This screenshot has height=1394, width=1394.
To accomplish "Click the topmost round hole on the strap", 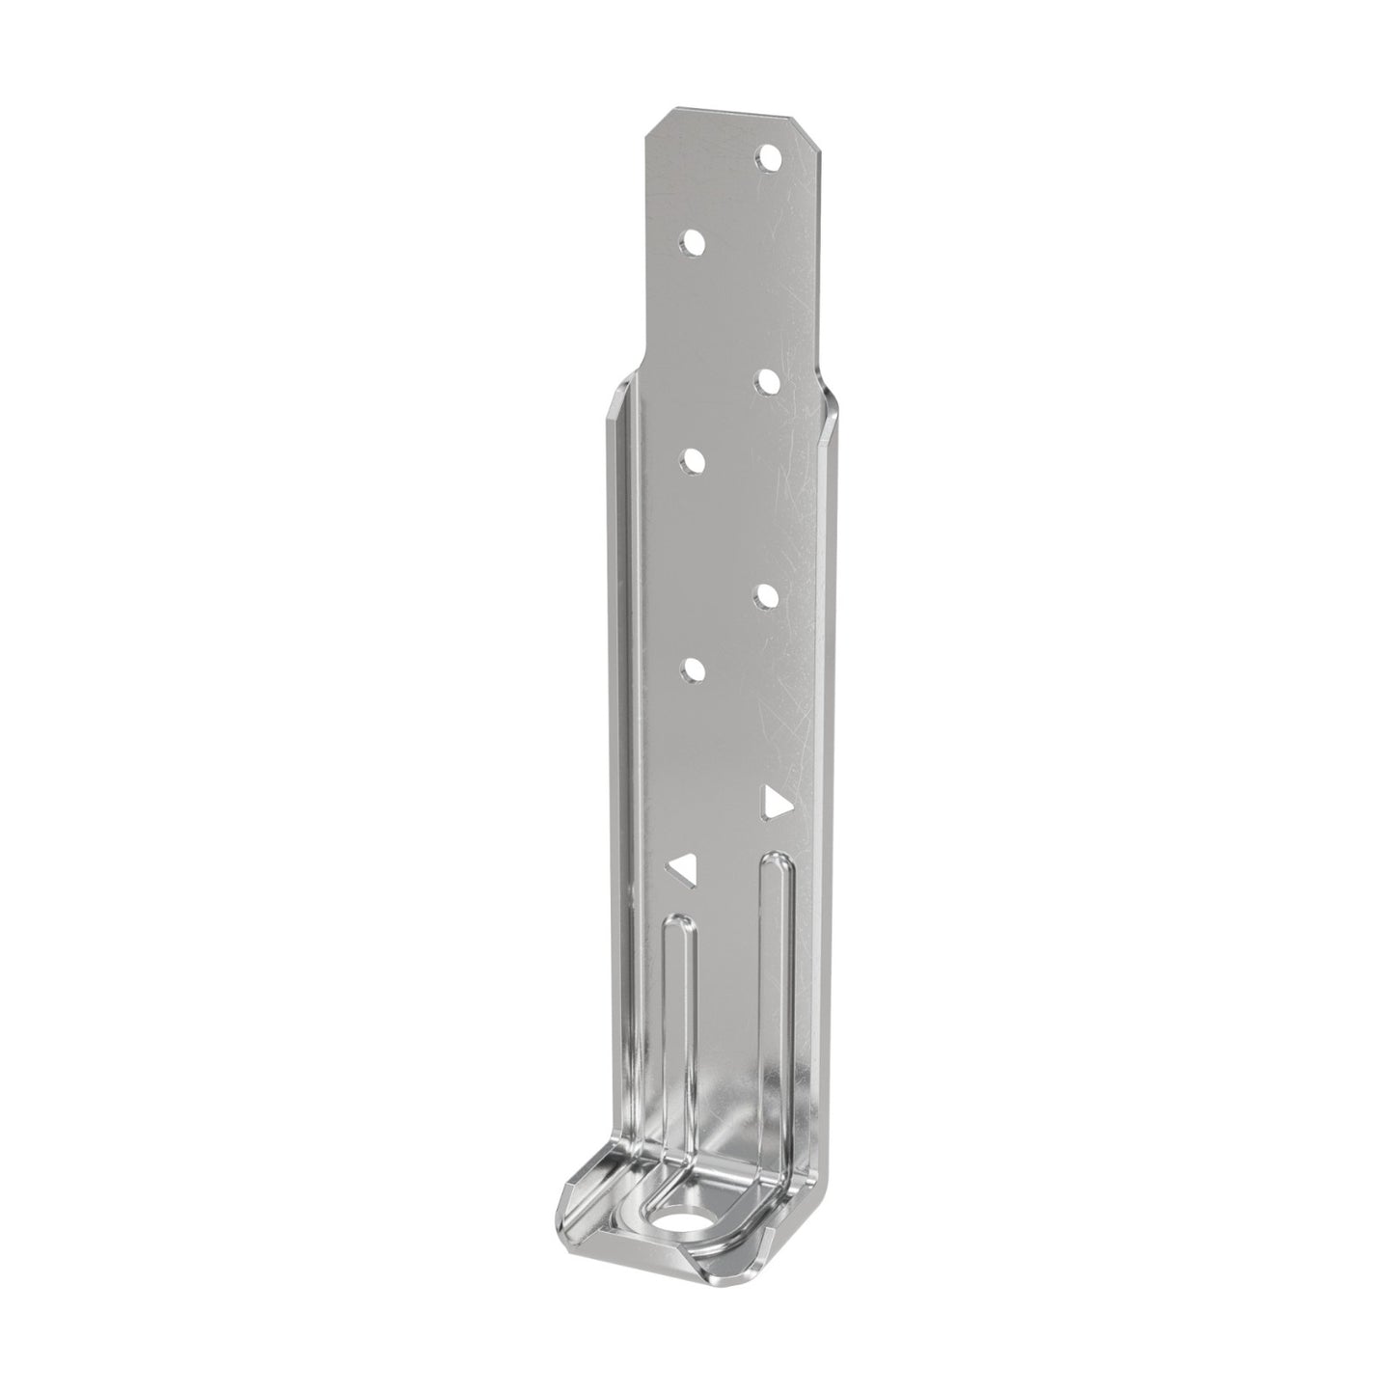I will (x=768, y=155).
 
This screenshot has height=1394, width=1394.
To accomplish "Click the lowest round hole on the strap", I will (x=692, y=670).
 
